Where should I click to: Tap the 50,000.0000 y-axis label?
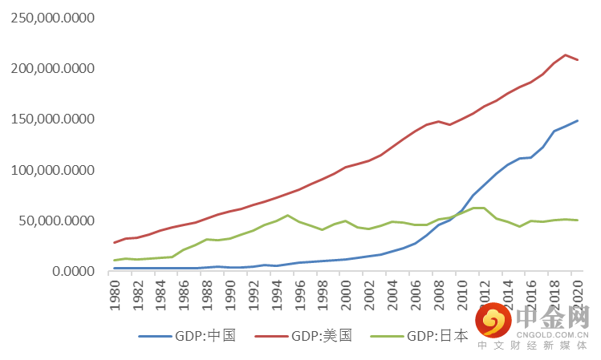[55, 220]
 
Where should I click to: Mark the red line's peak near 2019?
[566, 55]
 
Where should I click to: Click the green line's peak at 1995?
[288, 215]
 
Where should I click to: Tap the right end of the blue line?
[578, 120]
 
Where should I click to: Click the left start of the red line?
[115, 242]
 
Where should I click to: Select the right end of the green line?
[578, 220]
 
